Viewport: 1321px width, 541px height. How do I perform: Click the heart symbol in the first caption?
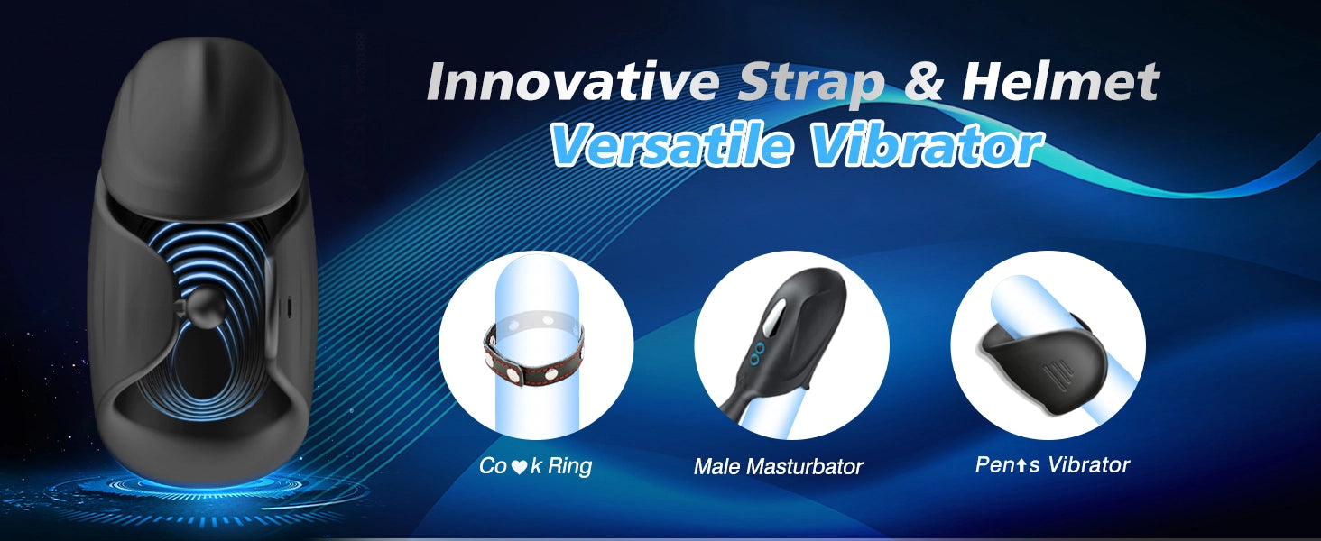click(518, 467)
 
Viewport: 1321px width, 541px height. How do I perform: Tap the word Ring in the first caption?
click(569, 466)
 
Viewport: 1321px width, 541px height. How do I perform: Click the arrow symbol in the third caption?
click(1020, 466)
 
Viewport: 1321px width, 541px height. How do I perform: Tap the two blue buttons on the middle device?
click(759, 353)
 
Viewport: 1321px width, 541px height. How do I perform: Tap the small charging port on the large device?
click(289, 306)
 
